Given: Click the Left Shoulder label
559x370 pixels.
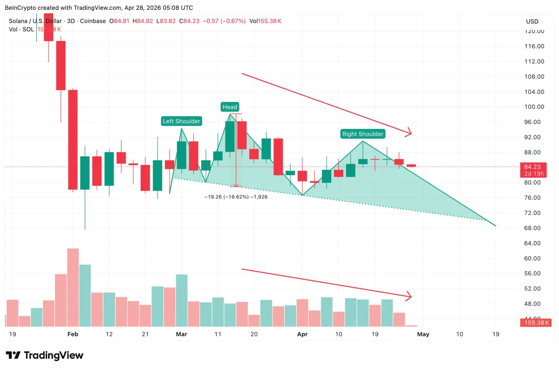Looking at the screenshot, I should coord(181,121).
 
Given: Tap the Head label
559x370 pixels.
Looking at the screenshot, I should coord(230,107).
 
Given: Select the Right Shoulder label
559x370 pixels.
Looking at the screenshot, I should coord(363,134).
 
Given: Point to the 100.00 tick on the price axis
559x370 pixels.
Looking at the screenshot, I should coord(534,107).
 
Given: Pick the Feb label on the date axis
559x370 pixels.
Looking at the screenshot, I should coord(73,334).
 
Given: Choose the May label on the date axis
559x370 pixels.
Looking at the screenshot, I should coord(423,334).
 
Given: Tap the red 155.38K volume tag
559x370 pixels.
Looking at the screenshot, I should coord(534,323).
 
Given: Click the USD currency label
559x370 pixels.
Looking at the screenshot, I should coord(532,21).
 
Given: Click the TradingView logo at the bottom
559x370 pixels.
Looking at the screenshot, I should coord(45,356).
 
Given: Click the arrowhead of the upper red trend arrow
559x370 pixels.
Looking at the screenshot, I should coord(409,133).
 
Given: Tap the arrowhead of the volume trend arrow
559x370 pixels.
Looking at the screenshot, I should coord(409,296).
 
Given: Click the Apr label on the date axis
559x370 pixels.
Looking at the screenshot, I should coord(302,334).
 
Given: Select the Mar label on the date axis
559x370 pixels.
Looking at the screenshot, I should coord(181,334).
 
